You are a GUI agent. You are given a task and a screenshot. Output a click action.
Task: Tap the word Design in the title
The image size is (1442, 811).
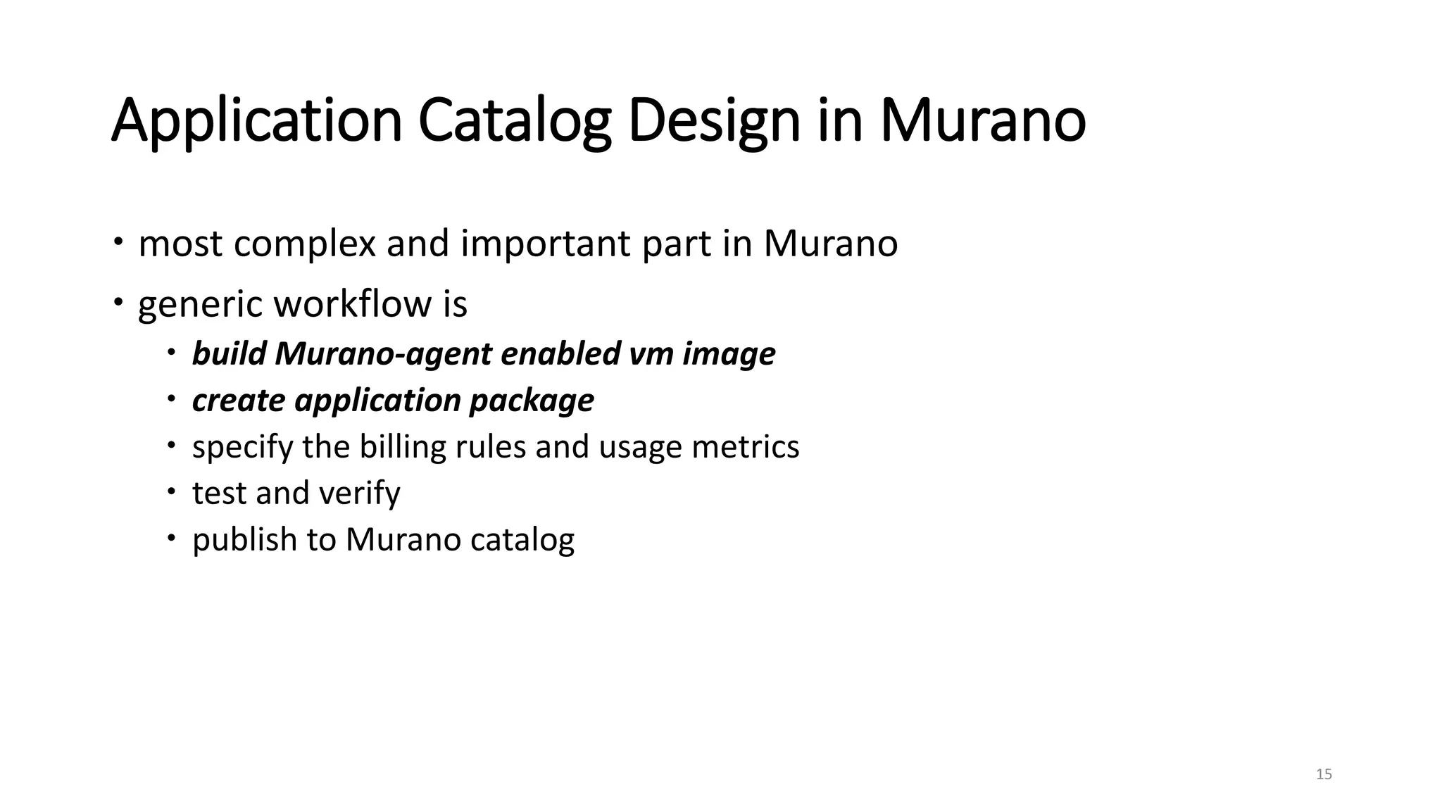tap(714, 121)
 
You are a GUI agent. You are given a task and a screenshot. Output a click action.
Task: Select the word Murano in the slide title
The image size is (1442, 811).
tap(982, 121)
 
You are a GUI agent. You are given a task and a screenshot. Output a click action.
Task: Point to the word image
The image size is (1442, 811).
tap(729, 354)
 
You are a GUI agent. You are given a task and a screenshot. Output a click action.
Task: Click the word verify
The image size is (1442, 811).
tap(360, 493)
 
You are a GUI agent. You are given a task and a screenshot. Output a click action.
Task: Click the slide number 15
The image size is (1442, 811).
tap(1324, 774)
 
